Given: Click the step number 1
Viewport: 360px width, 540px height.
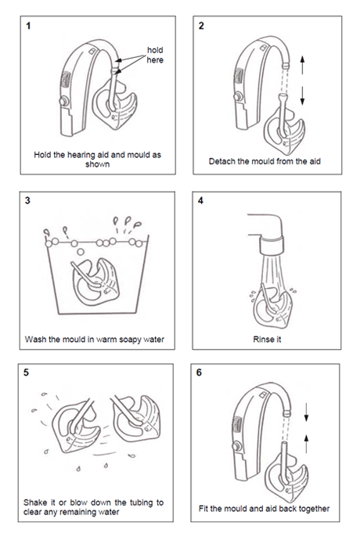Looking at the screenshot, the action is [x=28, y=26].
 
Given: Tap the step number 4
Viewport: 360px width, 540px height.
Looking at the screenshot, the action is [x=200, y=200].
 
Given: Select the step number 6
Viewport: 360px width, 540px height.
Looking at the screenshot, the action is [x=199, y=373].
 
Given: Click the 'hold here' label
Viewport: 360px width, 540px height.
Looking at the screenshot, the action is [x=155, y=55].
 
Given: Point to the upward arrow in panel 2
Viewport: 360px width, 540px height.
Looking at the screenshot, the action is [x=302, y=65].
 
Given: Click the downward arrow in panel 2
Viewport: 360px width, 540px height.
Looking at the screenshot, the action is [x=302, y=95].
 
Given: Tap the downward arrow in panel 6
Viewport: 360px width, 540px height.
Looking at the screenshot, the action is [x=306, y=412].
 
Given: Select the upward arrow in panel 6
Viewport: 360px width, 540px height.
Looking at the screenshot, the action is [x=306, y=444].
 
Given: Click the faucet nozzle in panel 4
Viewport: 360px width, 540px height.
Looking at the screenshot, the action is [x=272, y=245].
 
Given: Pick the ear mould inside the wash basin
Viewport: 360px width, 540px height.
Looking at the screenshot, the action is [x=95, y=283].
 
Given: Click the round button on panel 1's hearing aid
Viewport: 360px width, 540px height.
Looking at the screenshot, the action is [x=63, y=102].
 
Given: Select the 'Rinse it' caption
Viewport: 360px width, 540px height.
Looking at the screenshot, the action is [x=267, y=339].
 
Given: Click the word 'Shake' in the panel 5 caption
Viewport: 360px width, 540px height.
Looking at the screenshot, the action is [x=34, y=502].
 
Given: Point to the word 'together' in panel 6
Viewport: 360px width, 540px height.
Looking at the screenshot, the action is [x=313, y=509].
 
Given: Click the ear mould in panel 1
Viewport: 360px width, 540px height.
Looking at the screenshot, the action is [x=115, y=105].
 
